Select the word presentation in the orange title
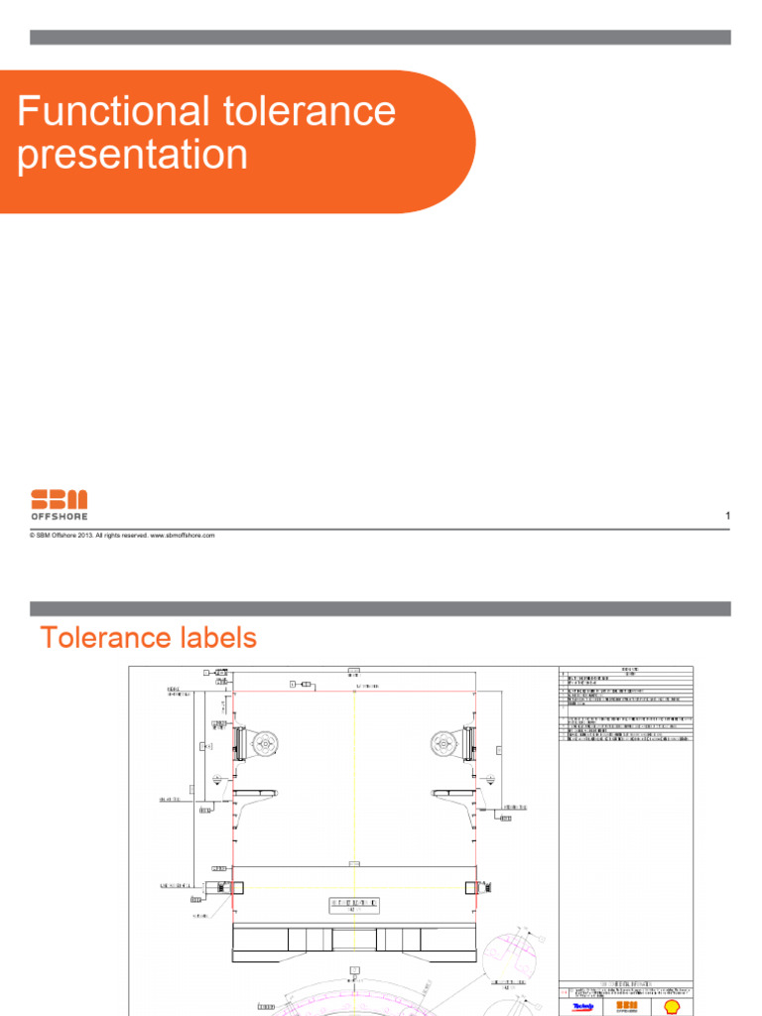click(133, 155)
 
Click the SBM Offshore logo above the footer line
click(59, 503)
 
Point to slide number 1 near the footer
click(728, 516)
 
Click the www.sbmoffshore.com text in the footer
click(183, 535)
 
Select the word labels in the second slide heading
click(219, 637)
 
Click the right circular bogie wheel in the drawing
click(444, 742)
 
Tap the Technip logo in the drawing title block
click(586, 1005)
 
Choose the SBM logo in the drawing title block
click(626, 1005)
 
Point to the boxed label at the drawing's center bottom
click(354, 905)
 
